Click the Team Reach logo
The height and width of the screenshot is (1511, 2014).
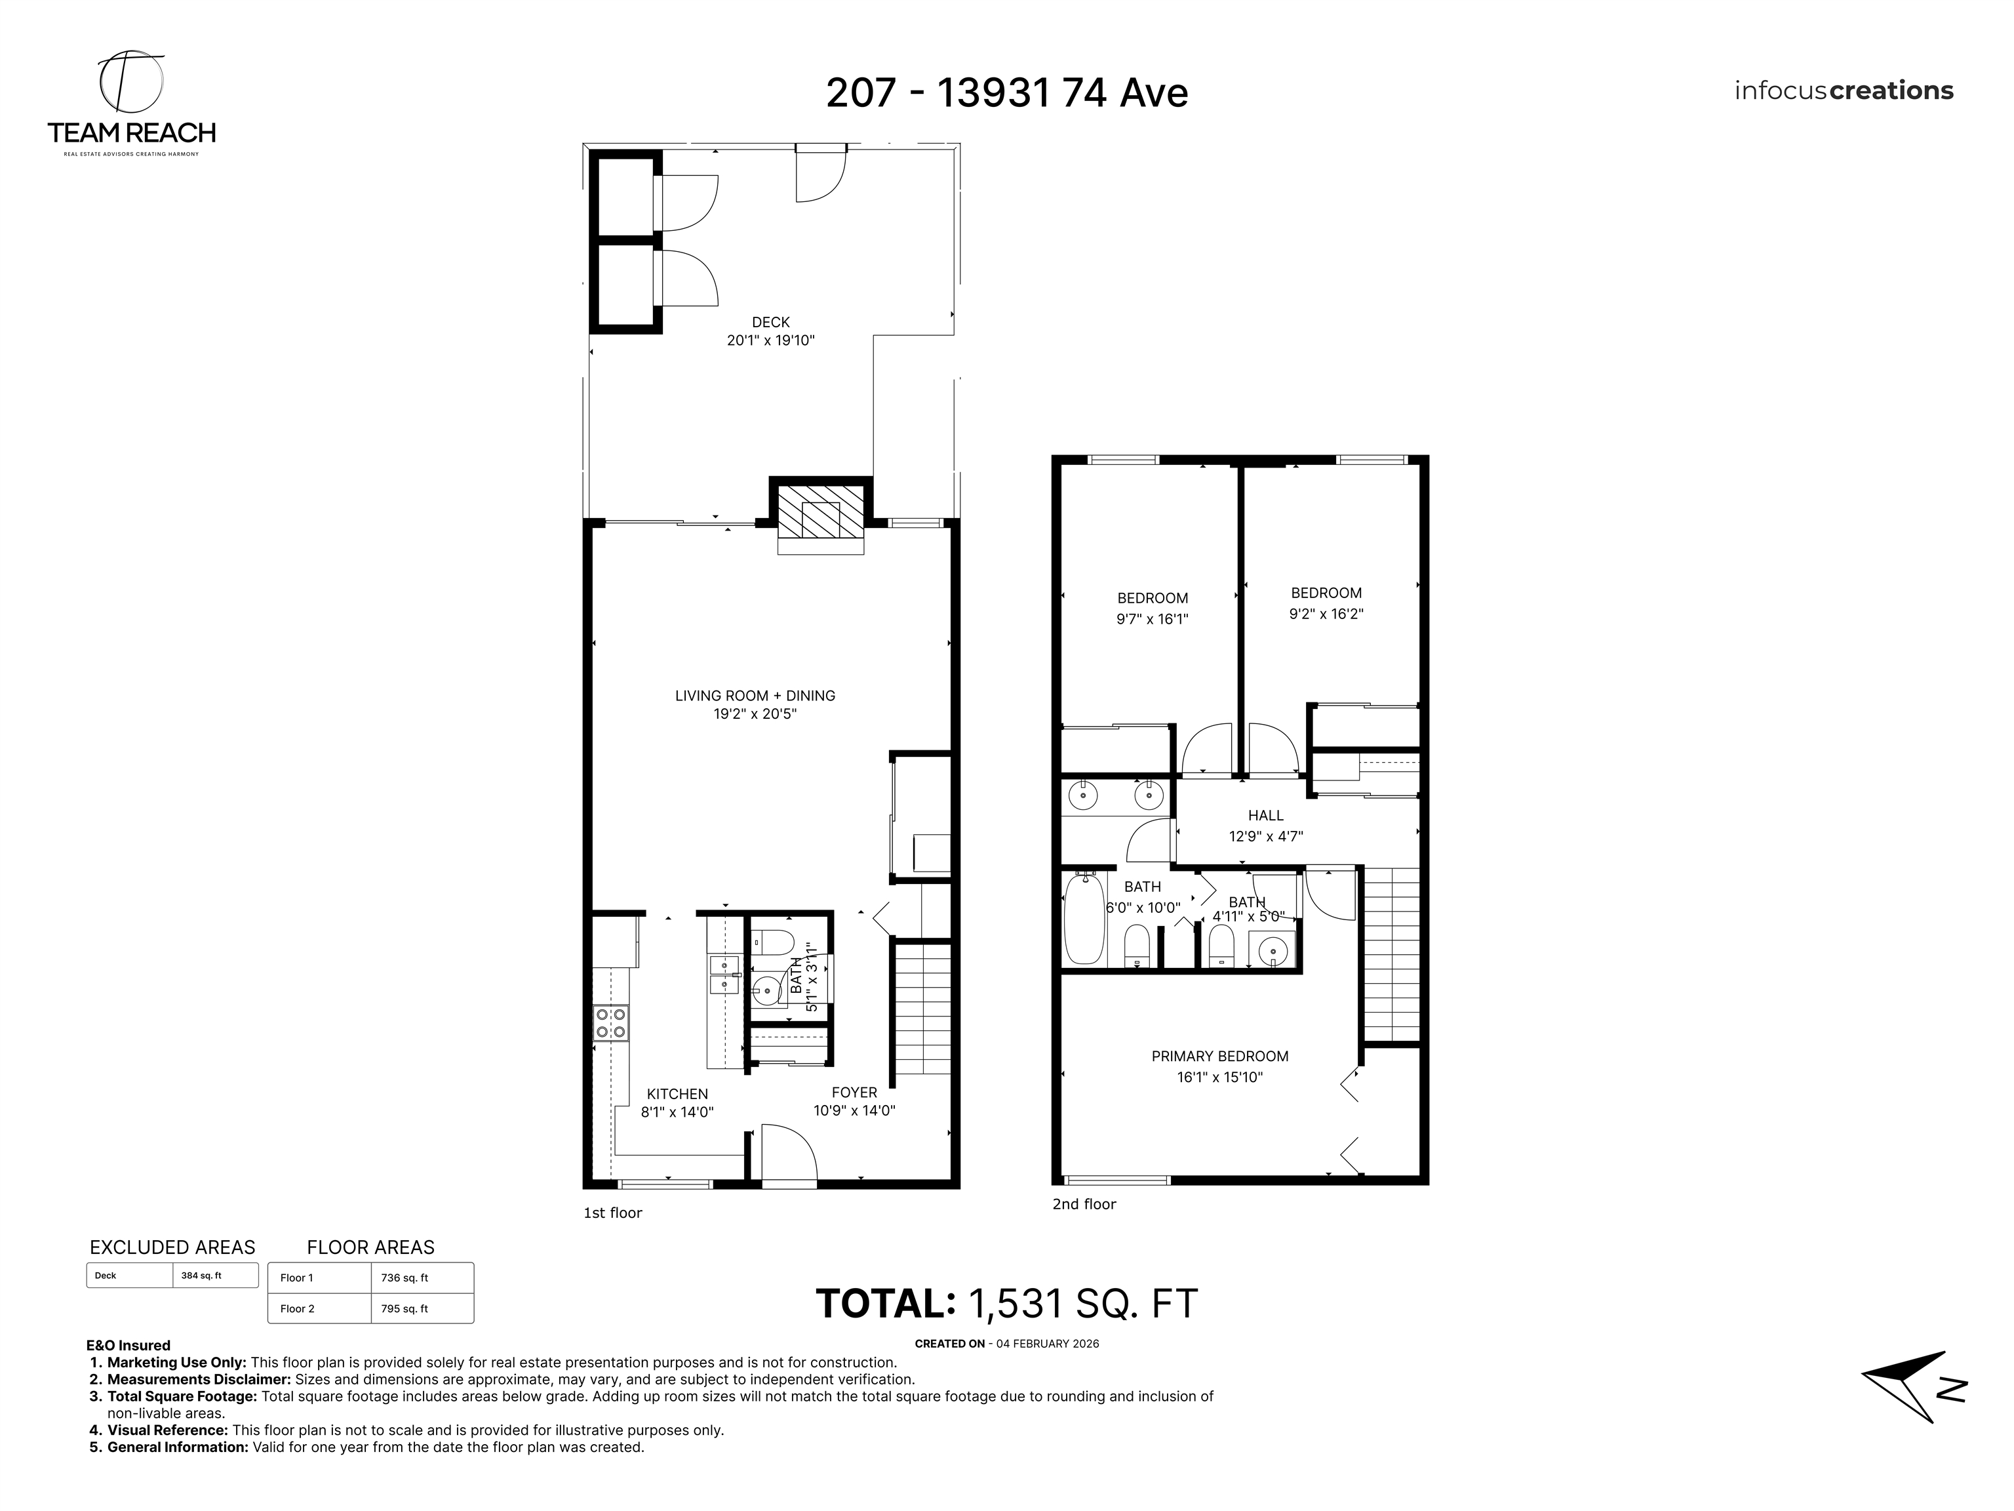coord(131,103)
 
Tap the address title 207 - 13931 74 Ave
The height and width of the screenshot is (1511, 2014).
coord(1006,93)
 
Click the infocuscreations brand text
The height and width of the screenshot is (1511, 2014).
coord(1843,91)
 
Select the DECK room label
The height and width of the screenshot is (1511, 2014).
coord(770,321)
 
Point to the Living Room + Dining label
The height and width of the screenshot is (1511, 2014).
coord(755,696)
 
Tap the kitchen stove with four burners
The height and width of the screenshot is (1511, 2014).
coord(610,1023)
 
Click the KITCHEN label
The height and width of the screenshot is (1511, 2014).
coord(677,1094)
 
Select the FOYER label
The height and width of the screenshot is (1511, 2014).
coord(854,1092)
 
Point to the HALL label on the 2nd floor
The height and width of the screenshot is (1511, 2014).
coord(1265,816)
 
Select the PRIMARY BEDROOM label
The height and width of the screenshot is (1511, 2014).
coord(1219,1057)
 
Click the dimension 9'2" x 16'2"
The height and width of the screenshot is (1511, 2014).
coord(1326,614)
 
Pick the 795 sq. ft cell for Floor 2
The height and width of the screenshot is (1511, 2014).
coord(422,1309)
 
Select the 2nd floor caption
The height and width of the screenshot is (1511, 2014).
coord(1084,1204)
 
